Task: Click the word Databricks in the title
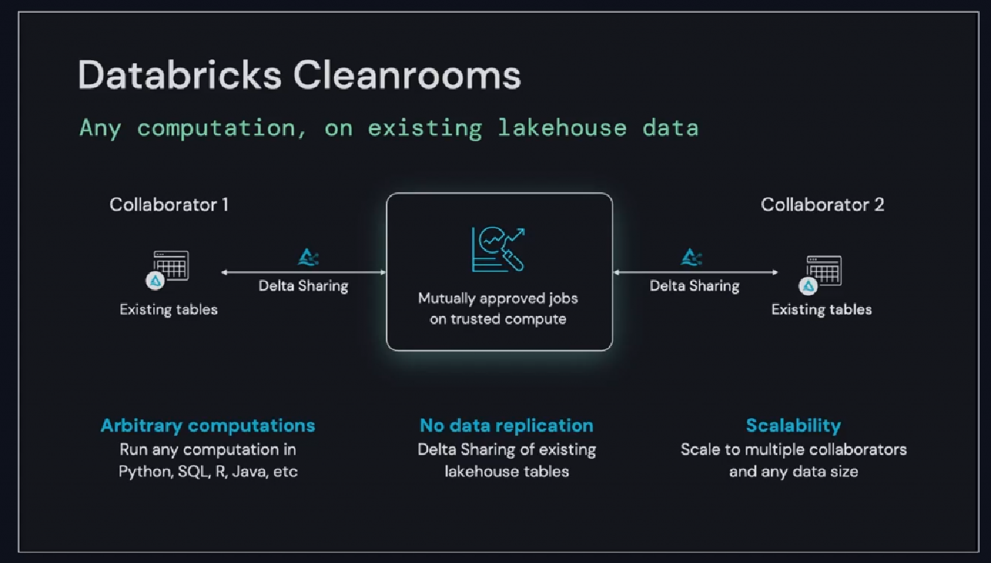point(179,76)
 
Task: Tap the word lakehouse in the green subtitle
point(562,128)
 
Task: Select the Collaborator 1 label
point(169,204)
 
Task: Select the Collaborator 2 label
point(822,204)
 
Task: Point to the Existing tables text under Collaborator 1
point(169,309)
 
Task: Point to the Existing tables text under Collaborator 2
point(822,309)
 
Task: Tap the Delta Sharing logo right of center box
point(691,257)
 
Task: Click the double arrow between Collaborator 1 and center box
point(303,272)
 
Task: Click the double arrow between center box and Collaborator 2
point(696,272)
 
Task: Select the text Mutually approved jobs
point(499,298)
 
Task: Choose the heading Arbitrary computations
point(208,426)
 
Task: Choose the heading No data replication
point(507,426)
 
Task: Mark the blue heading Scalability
point(793,426)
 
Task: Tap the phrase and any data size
point(794,472)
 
